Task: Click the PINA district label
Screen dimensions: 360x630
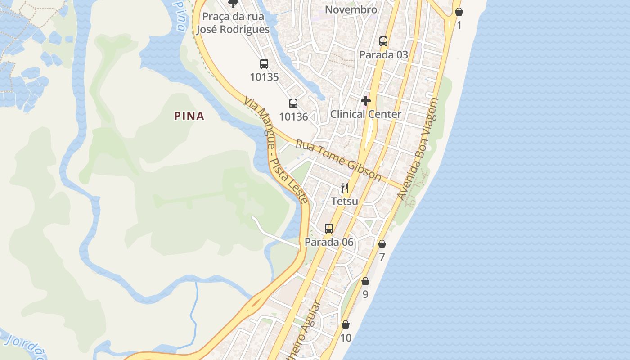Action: point(189,116)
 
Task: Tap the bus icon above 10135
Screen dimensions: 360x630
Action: point(264,64)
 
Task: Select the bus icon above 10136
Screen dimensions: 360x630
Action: point(293,103)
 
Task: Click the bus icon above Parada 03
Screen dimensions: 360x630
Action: point(383,41)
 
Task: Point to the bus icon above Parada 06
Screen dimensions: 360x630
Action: point(329,229)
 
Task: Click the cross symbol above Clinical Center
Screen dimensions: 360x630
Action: point(366,101)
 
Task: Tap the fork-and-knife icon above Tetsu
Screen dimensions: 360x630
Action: point(345,188)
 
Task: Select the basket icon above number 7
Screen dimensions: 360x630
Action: point(382,244)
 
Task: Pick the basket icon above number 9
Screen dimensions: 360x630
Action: point(365,281)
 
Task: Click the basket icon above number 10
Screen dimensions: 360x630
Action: point(346,324)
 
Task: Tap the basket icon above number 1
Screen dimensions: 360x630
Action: point(459,12)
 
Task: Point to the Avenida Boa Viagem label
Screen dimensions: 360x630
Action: point(418,149)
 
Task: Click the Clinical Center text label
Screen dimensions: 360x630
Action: point(366,114)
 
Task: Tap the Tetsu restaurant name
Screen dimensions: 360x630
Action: point(345,201)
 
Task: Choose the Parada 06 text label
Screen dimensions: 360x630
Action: point(329,242)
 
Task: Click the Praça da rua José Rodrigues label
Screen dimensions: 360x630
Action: point(233,23)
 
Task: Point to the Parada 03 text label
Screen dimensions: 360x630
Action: point(383,55)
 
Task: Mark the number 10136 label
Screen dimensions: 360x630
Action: point(293,117)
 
